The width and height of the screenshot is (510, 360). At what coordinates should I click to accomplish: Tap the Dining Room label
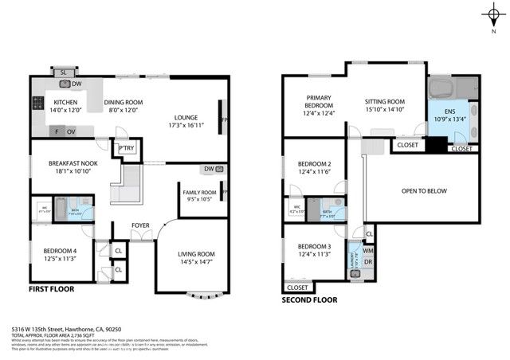click(x=124, y=103)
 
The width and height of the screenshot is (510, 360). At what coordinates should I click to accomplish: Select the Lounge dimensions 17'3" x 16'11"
click(x=186, y=126)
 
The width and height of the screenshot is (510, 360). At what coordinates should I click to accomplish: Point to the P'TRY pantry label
click(x=126, y=148)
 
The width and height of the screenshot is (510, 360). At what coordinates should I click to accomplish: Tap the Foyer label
click(x=140, y=225)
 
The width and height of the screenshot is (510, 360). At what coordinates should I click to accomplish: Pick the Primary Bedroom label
click(x=319, y=103)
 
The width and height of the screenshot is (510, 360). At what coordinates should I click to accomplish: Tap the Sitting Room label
click(x=385, y=103)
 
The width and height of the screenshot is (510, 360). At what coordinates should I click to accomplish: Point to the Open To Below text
click(x=423, y=191)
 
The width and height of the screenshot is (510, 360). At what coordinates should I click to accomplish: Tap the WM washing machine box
click(x=368, y=252)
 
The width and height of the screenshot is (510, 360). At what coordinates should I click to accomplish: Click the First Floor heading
click(x=53, y=290)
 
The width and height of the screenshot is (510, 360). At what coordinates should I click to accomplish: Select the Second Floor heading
click(x=309, y=300)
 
